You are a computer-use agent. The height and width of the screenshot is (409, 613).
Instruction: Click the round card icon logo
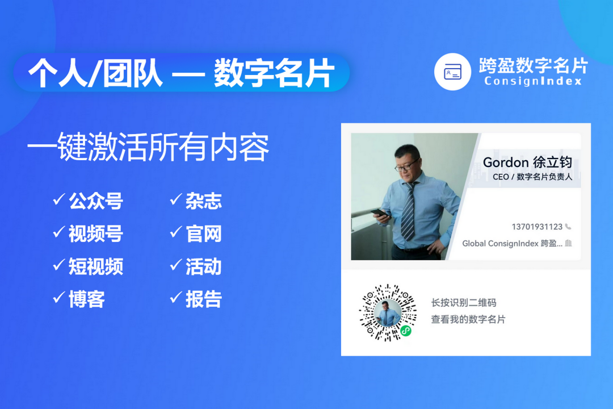pyautogui.click(x=452, y=72)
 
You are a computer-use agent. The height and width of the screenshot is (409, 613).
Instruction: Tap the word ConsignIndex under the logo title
pyautogui.click(x=533, y=81)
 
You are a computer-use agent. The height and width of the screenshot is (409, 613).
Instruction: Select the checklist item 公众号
pyautogui.click(x=96, y=201)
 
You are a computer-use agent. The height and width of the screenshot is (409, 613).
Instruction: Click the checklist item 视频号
pyautogui.click(x=96, y=233)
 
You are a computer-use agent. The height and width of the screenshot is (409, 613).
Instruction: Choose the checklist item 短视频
pyautogui.click(x=96, y=266)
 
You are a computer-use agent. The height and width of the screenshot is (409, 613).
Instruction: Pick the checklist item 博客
pyautogui.click(x=87, y=299)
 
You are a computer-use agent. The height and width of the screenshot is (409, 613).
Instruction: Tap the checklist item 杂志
pyautogui.click(x=204, y=201)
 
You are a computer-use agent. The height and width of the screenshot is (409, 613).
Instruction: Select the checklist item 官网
pyautogui.click(x=204, y=233)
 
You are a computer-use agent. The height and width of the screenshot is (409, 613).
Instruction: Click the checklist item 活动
pyautogui.click(x=204, y=266)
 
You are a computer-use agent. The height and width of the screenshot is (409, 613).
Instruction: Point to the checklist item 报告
pyautogui.click(x=204, y=299)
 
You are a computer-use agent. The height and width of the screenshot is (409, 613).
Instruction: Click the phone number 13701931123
pyautogui.click(x=537, y=227)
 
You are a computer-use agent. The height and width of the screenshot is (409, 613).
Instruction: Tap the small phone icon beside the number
pyautogui.click(x=568, y=227)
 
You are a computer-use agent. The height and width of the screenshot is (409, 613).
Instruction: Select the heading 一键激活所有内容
pyautogui.click(x=148, y=147)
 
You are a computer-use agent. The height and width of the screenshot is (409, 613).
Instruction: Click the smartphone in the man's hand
pyautogui.click(x=379, y=214)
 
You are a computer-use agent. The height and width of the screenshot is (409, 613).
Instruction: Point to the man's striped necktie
pyautogui.click(x=408, y=211)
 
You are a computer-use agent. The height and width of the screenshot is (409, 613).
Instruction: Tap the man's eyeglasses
pyautogui.click(x=406, y=166)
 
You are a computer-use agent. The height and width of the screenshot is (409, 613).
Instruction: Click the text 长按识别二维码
pyautogui.click(x=464, y=303)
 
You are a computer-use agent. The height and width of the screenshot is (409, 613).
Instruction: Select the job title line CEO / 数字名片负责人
pyautogui.click(x=532, y=177)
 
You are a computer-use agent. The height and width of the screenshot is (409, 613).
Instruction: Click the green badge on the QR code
pyautogui.click(x=406, y=331)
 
